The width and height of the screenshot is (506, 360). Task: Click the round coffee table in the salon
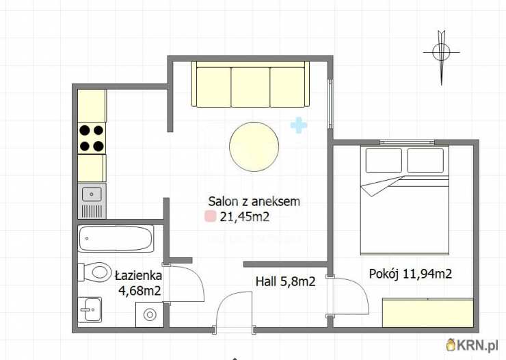coord(254,146)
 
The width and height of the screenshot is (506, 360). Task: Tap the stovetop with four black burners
coord(92,138)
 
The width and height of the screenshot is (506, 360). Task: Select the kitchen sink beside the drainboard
coord(92,194)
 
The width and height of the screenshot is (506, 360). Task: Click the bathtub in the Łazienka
coord(116,239)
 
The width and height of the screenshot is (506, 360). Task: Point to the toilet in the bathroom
coord(94,272)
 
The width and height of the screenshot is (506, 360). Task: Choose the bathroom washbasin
coord(90,309)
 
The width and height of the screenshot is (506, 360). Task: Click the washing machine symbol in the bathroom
coord(150,314)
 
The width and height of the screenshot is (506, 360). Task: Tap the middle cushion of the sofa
coord(250,88)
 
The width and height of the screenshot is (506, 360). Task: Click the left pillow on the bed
coord(384,160)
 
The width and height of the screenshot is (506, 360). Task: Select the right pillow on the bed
coord(425,160)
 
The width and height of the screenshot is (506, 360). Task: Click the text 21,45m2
coord(245,217)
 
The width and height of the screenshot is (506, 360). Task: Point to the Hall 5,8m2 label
coord(285,281)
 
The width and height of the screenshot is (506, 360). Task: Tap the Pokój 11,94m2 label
coord(410,274)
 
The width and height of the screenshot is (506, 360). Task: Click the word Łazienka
coord(138,275)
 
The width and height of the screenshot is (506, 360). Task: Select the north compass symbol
coord(442,57)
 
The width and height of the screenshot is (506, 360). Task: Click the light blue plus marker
coord(299,125)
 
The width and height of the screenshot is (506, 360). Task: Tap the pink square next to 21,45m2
coord(210,216)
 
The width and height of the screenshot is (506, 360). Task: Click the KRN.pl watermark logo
coord(472,345)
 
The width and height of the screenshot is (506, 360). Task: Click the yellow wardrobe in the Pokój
coord(428,313)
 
